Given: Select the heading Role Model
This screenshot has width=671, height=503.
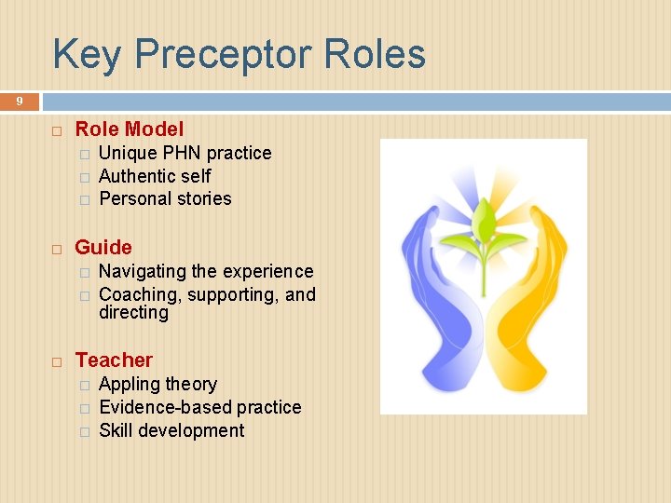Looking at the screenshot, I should [x=129, y=129].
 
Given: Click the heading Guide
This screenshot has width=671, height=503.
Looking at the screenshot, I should [x=103, y=248].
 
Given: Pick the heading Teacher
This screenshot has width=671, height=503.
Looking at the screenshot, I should [x=114, y=360].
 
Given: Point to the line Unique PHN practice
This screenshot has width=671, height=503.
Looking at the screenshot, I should [x=185, y=153].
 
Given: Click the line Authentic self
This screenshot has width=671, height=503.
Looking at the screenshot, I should [x=155, y=176].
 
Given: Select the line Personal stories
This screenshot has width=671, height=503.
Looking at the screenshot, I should [x=165, y=198].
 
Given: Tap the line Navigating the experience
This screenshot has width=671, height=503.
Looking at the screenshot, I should [x=206, y=271].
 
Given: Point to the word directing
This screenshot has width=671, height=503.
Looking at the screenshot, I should [x=133, y=313].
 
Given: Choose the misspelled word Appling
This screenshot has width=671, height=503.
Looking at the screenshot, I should [x=129, y=385].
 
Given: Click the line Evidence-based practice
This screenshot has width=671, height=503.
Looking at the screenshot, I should [x=199, y=407].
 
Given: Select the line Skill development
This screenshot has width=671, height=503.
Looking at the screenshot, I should [x=171, y=430].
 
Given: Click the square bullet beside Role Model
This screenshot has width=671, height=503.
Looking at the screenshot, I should [x=57, y=130].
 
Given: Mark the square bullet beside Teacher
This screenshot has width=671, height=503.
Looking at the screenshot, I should [x=57, y=361].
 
